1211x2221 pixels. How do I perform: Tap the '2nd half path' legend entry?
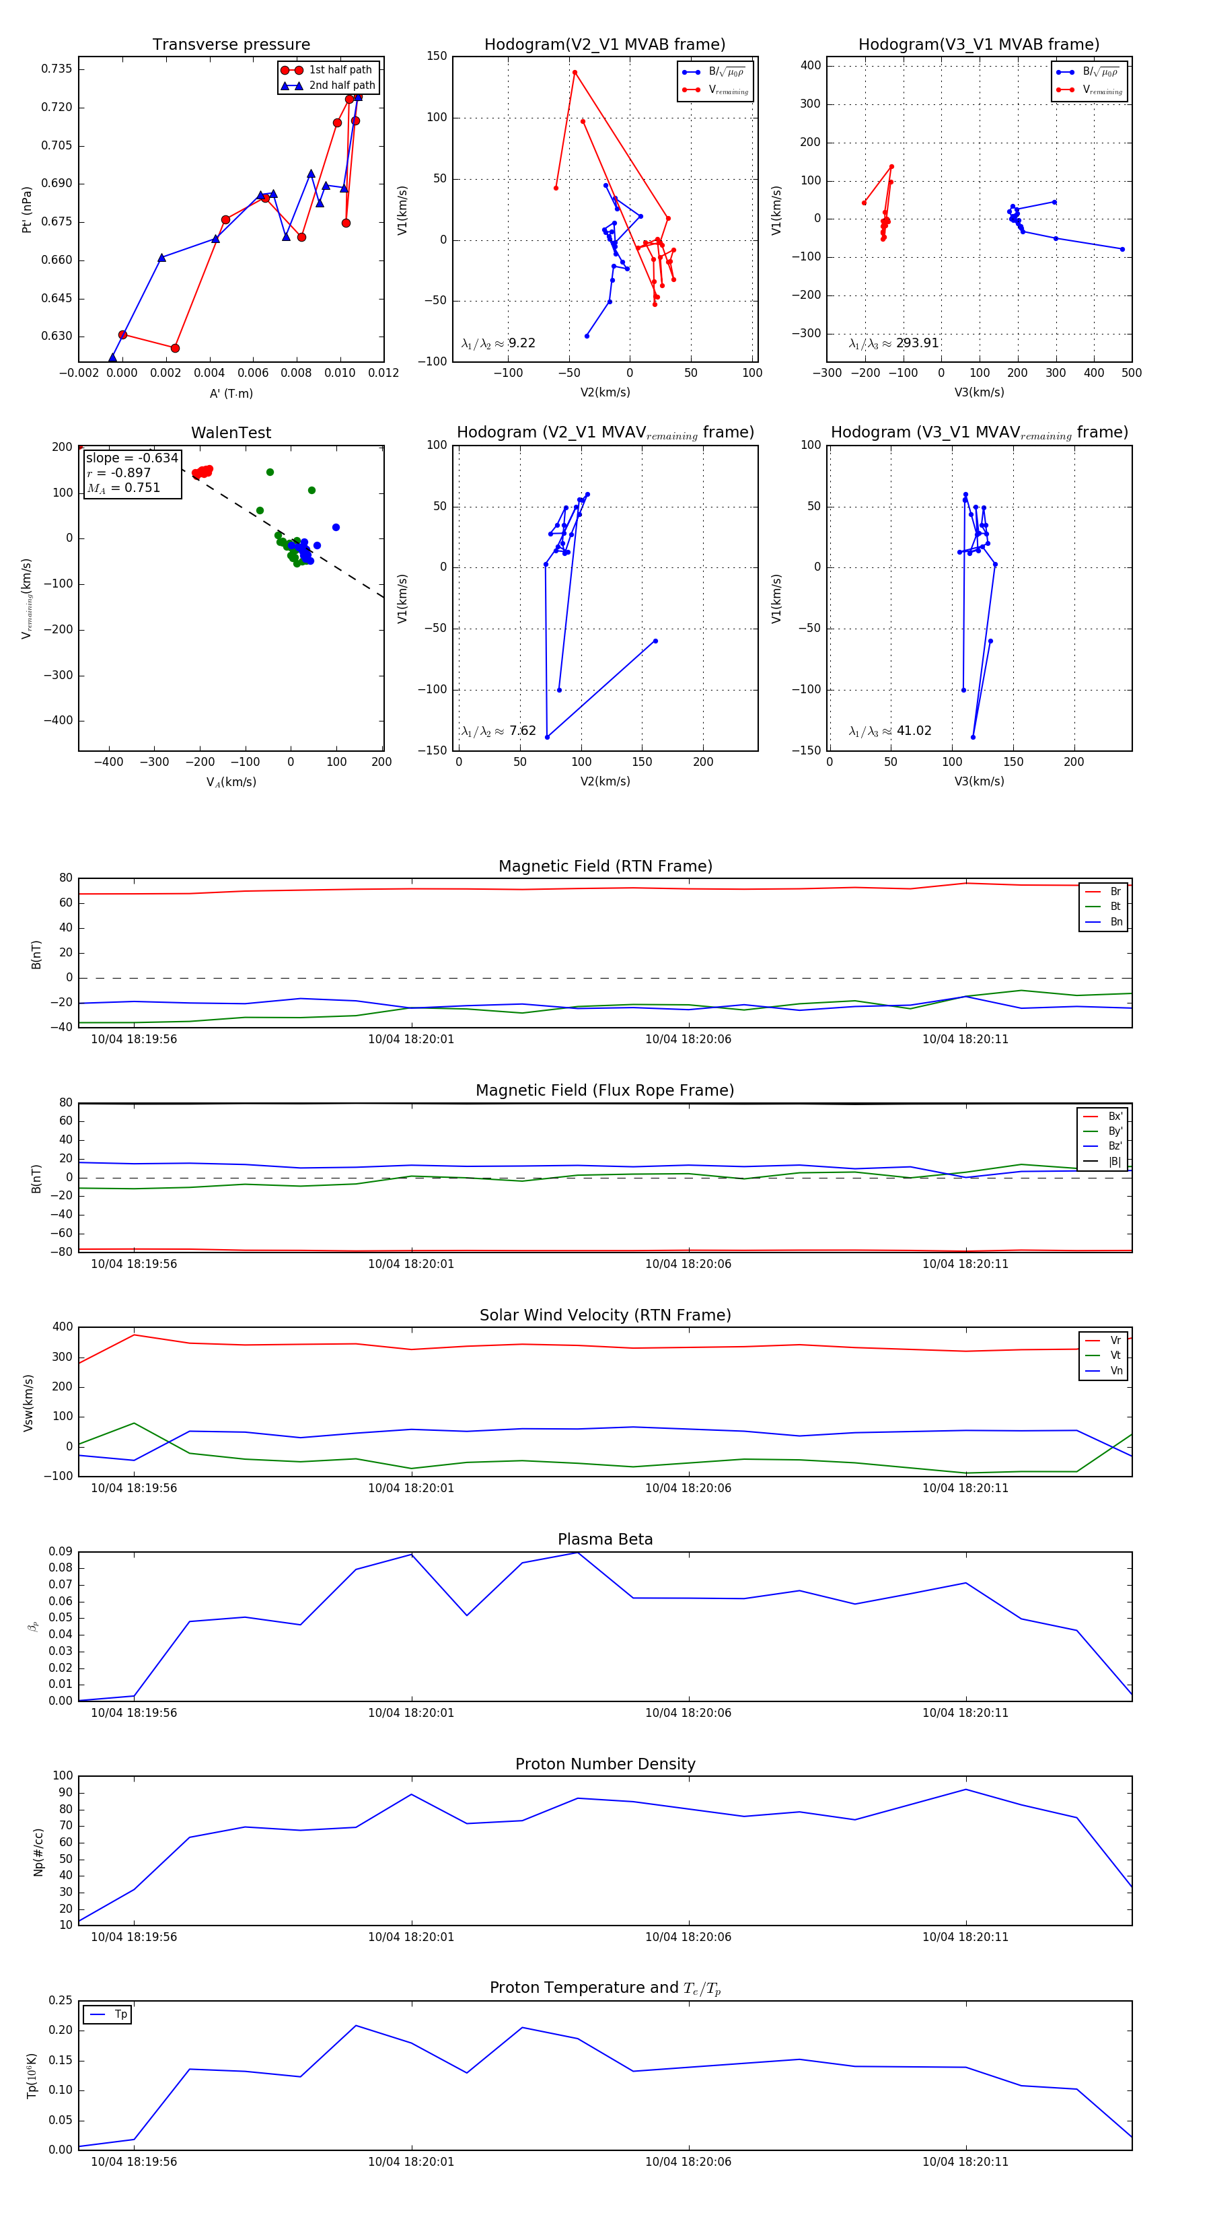coord(341,85)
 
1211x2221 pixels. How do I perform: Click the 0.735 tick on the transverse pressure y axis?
coord(57,69)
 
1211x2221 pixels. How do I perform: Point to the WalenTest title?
coord(231,433)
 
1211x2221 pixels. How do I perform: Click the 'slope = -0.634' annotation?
coord(132,458)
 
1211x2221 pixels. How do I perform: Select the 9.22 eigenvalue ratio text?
coord(521,343)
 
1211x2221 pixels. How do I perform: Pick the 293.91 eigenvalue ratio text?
coord(917,343)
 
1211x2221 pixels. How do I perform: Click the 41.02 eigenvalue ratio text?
coord(914,731)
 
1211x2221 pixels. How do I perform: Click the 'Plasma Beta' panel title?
coord(605,1539)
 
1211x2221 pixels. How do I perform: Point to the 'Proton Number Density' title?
coord(605,1764)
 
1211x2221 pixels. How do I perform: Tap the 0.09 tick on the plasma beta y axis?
coord(61,1551)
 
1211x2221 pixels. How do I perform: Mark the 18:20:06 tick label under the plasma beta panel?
coord(688,1712)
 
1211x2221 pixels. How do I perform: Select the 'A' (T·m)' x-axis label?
coord(231,394)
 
